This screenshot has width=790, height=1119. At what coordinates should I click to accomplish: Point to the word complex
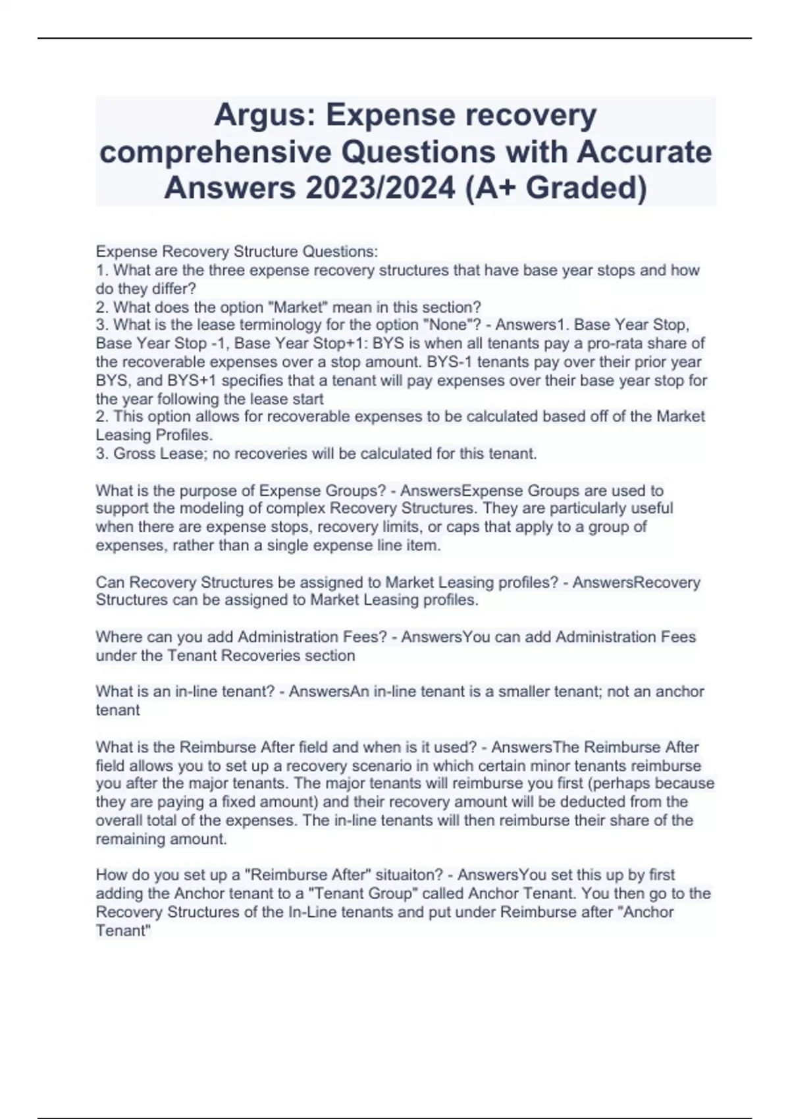coord(299,509)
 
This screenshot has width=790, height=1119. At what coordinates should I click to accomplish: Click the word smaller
coord(507,692)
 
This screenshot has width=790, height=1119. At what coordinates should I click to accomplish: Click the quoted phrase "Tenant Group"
coord(371,894)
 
